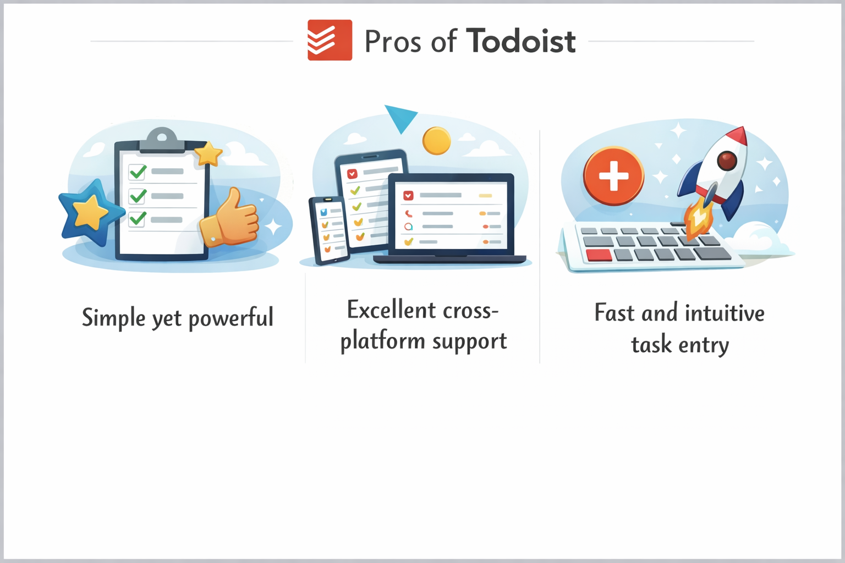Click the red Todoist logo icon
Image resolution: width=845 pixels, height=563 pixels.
coord(330,40)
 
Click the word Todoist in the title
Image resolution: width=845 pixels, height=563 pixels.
coord(520,41)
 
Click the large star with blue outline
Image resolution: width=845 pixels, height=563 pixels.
coord(90,212)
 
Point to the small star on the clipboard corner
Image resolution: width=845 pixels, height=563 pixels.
coord(208,153)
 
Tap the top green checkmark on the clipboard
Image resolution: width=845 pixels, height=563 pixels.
coord(137,172)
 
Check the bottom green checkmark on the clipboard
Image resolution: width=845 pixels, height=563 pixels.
coord(137,219)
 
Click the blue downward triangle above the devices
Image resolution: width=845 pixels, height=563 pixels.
coord(400,118)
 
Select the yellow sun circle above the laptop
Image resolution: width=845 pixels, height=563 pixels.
coord(436,141)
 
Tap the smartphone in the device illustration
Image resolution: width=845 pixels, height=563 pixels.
coord(328,230)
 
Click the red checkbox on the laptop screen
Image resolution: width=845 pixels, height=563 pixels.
coord(408,195)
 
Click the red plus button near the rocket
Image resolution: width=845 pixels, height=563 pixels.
coord(613,176)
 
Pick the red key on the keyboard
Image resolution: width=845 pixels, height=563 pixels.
coord(599,255)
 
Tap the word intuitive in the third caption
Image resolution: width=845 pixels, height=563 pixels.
coord(725,313)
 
